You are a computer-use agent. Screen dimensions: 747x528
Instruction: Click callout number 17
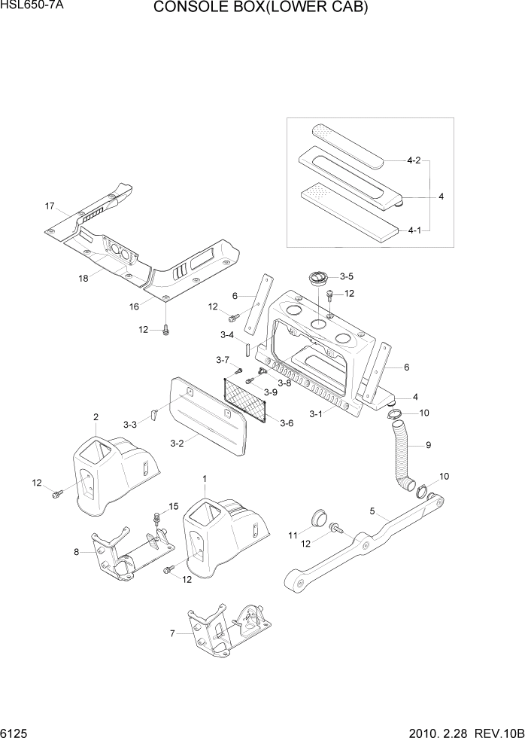(x=50, y=206)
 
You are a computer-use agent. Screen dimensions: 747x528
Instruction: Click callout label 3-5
(x=346, y=276)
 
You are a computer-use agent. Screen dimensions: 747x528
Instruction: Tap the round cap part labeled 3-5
(x=319, y=279)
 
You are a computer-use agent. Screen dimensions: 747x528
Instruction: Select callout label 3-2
(x=178, y=444)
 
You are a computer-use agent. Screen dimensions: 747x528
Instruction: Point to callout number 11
(x=293, y=535)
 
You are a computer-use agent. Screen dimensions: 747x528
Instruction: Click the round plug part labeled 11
(x=319, y=517)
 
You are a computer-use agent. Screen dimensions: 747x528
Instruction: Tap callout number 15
(x=174, y=506)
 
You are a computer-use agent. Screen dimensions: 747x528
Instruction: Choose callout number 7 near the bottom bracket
(x=171, y=634)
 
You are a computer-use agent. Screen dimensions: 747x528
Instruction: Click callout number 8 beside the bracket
(x=76, y=551)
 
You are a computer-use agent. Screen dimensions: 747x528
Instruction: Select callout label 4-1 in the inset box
(x=413, y=230)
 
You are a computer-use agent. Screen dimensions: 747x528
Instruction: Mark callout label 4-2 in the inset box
(x=413, y=160)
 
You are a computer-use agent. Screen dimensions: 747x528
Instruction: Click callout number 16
(x=135, y=307)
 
